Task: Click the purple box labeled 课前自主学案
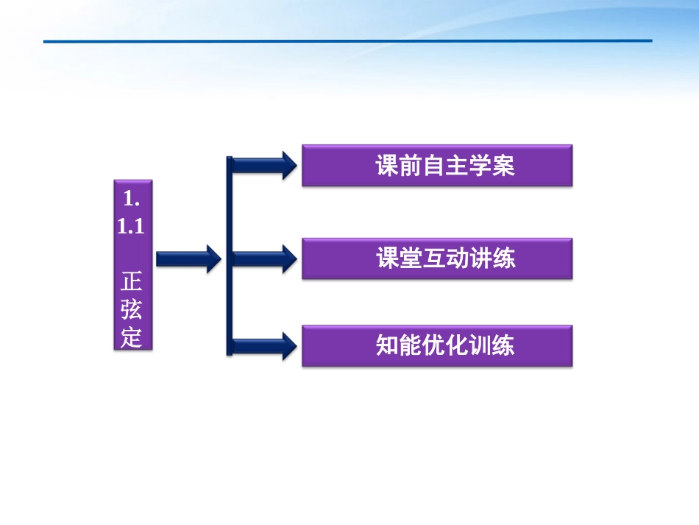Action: click(437, 166)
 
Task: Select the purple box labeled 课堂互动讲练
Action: click(437, 258)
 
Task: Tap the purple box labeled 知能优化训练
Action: click(437, 345)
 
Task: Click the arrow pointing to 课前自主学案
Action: click(265, 165)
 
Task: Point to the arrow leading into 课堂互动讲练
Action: click(265, 258)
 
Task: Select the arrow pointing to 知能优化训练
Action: click(265, 345)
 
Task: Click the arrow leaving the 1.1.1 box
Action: click(188, 258)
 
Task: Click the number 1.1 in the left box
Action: click(131, 227)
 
